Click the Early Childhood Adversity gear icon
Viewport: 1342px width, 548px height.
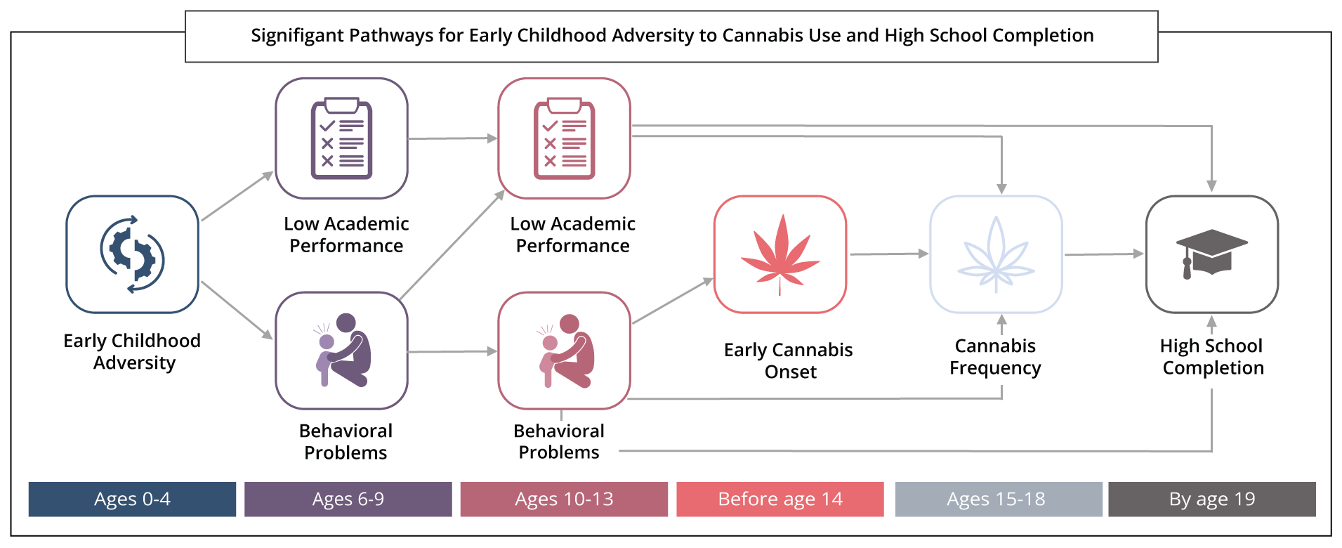point(132,254)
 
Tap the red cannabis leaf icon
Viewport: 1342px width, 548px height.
point(780,254)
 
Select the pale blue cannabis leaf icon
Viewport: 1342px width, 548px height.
point(996,254)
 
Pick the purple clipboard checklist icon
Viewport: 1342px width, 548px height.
point(341,138)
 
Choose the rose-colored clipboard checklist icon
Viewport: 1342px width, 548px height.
point(564,138)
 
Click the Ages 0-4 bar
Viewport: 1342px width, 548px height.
point(132,500)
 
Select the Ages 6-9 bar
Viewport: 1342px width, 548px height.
point(348,500)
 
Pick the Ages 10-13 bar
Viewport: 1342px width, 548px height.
point(564,500)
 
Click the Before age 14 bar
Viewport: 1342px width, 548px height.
point(779,500)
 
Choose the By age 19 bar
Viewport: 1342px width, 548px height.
point(1211,500)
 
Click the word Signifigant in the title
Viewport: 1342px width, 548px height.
point(298,36)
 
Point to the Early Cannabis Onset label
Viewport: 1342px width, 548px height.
point(789,360)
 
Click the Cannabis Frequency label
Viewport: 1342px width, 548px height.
point(995,357)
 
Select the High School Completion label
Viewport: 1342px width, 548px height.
point(1212,357)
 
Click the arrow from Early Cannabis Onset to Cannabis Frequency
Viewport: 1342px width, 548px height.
point(888,254)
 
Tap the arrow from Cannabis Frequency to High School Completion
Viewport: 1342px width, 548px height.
point(1103,254)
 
